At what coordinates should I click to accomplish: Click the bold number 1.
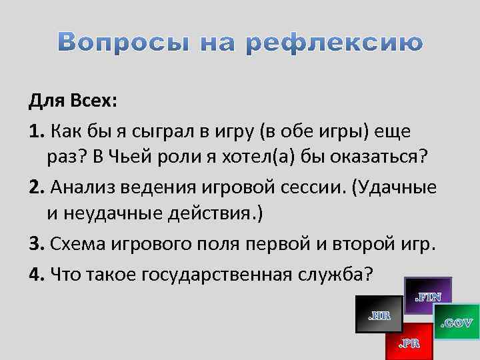click(35, 130)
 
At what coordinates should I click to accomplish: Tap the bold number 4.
click(35, 273)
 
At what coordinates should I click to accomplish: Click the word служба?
click(339, 273)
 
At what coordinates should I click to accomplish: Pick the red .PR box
click(409, 342)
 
